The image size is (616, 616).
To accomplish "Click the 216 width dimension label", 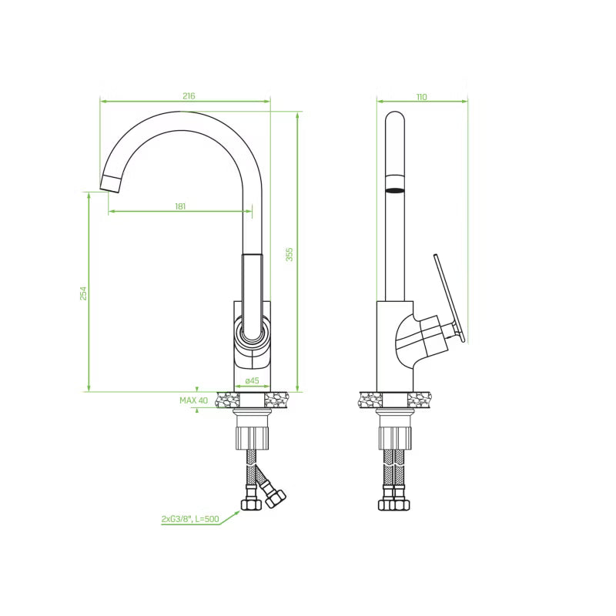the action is [189, 95].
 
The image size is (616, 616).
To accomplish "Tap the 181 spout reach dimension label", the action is [180, 206].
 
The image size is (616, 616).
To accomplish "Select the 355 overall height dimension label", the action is [290, 255].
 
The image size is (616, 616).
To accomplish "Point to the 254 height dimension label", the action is [83, 293].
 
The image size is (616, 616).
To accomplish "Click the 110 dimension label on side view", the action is [421, 97].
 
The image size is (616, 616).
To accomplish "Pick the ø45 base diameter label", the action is [252, 380].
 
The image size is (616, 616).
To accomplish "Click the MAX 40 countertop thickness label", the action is [194, 400].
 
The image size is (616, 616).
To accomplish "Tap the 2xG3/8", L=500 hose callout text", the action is [190, 519].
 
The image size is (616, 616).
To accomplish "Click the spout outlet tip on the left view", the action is [109, 184].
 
